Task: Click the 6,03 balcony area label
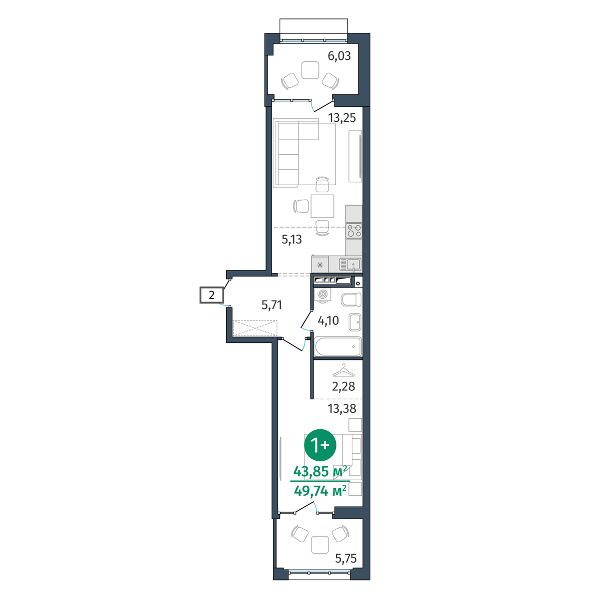(339, 56)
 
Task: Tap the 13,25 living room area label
(342, 118)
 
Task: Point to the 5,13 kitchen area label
(292, 240)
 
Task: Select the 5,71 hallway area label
(272, 305)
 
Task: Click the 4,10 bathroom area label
(328, 320)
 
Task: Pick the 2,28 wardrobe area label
(343, 387)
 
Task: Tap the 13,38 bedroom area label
(342, 409)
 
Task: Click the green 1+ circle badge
(320, 445)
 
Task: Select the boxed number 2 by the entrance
(212, 295)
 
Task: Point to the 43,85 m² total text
(320, 472)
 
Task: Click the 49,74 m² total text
(320, 492)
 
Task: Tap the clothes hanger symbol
(343, 370)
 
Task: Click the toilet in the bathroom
(351, 299)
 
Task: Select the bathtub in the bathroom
(338, 346)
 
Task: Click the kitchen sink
(350, 265)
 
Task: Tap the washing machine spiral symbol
(322, 294)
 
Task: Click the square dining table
(322, 206)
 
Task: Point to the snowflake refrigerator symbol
(320, 265)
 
